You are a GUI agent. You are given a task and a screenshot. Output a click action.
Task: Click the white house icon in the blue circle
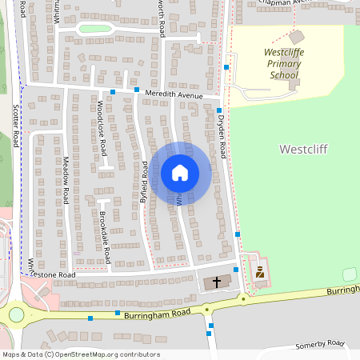pyautogui.click(x=180, y=173)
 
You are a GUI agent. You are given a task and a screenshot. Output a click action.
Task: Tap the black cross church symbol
pyautogui.click(x=216, y=282)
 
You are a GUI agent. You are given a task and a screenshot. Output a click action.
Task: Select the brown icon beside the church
pyautogui.click(x=259, y=273)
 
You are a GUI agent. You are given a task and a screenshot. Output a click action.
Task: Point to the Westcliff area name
pyautogui.click(x=303, y=150)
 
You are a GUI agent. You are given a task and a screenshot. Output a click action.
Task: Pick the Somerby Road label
pyautogui.click(x=319, y=344)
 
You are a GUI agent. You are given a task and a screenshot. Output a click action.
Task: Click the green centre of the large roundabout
pyautogui.click(x=15, y=314)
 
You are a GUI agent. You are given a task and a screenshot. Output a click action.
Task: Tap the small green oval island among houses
pyautogui.click(x=94, y=29)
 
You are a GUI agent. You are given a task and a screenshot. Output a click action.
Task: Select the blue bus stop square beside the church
pyautogui.click(x=235, y=270)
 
